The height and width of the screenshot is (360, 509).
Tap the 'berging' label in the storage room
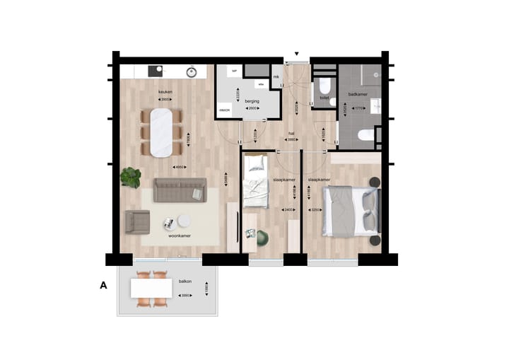(252, 101)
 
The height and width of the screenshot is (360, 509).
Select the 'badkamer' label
(358, 93)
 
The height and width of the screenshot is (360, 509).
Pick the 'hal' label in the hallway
(291, 132)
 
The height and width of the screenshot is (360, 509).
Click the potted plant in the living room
(131, 177)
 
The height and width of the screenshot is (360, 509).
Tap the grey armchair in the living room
(137, 222)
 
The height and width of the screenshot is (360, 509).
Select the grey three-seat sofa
(180, 190)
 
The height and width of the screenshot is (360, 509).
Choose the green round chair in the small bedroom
(263, 238)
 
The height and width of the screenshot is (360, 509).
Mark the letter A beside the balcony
(104, 286)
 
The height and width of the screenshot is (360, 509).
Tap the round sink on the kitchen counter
(190, 71)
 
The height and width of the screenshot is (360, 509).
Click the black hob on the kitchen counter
(155, 71)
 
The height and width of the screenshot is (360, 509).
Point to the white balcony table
(151, 288)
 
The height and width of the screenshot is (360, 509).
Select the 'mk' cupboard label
(276, 76)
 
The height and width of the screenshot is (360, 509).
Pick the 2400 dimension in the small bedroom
(288, 210)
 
